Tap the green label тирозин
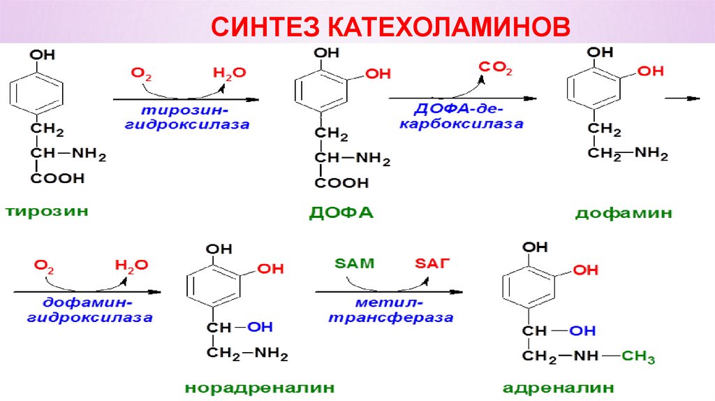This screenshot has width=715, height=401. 48,210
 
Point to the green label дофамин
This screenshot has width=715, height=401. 624,213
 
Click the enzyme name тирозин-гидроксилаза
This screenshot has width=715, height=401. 187,118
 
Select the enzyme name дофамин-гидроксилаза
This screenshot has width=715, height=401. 91,310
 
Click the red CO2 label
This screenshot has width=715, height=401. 495,68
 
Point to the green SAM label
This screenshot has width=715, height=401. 355,263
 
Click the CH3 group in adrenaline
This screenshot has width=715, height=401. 638,358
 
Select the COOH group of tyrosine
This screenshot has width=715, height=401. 57,178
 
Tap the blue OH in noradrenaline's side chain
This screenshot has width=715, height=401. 259,326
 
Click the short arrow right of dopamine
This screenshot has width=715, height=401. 682,99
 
